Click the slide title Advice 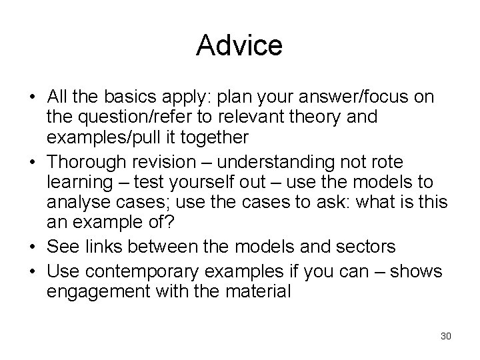pyautogui.click(x=240, y=45)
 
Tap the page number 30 pyautogui.click(x=445, y=335)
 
